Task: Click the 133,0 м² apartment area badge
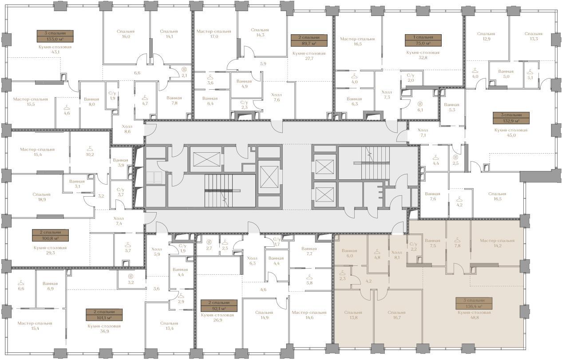coord(55,36)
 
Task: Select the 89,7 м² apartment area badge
coord(309,40)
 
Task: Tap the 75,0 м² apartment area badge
coord(423,40)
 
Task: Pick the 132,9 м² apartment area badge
coord(511,118)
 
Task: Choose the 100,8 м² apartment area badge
coord(51,235)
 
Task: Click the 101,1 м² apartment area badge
coord(104,315)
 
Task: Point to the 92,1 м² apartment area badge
coord(219,305)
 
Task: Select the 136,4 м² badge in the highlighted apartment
coord(474,303)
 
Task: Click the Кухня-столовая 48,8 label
coord(474,315)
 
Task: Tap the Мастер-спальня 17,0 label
coord(214,34)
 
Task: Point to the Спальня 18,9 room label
coord(41,197)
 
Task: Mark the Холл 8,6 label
coord(127,129)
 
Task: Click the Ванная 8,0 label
coord(91,102)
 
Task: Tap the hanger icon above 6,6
coord(21,283)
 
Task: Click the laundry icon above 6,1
coord(420,103)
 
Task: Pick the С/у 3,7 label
coord(121,192)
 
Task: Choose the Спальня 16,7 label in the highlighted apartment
coord(397,315)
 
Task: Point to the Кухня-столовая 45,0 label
coord(511,132)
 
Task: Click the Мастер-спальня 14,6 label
coord(309,315)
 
